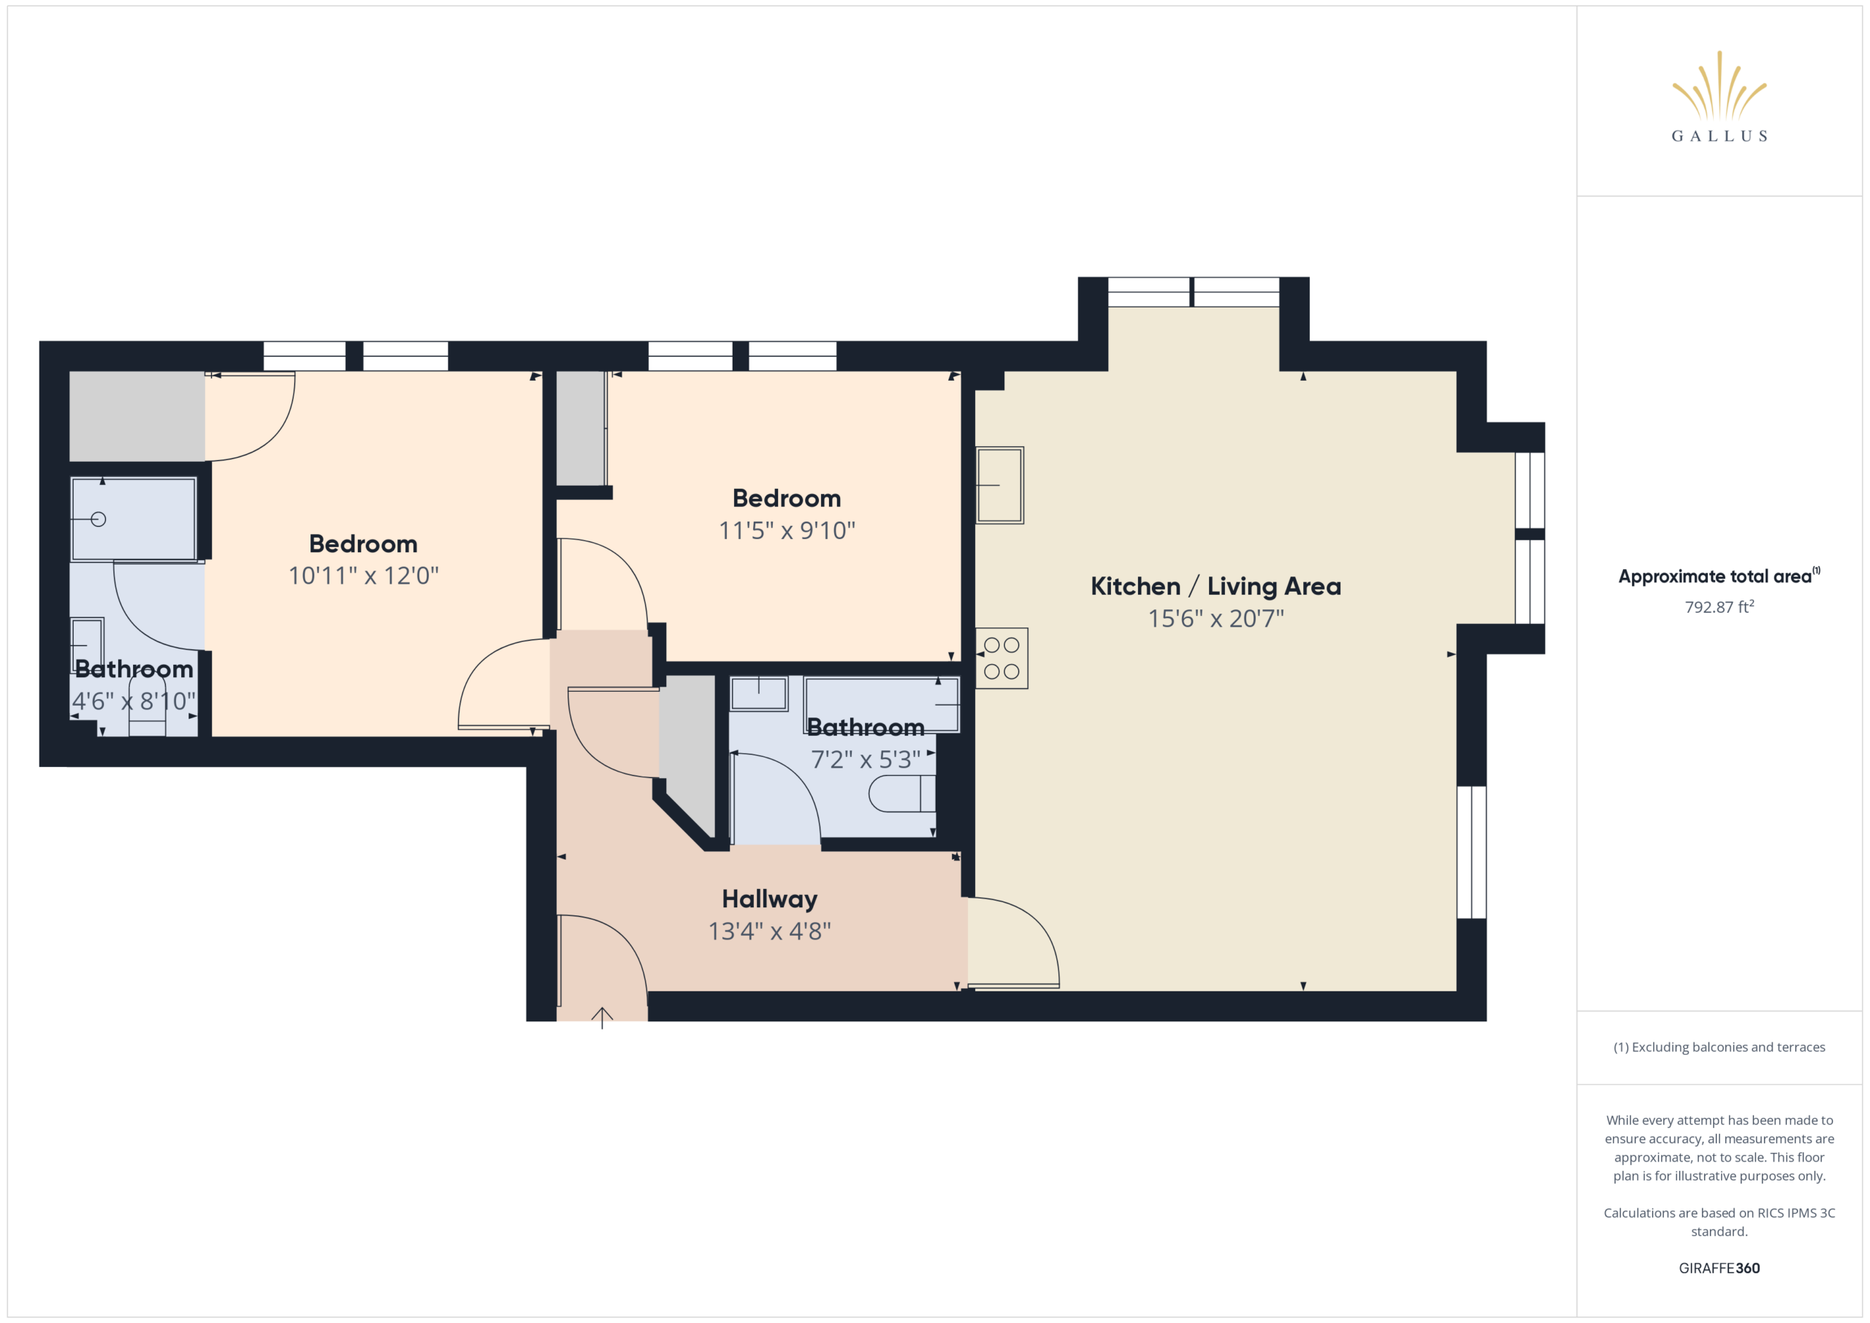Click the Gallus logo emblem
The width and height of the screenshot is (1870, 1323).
coord(1719,85)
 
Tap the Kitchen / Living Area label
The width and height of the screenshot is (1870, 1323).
coord(1215,586)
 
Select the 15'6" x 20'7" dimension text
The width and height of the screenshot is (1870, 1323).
coord(1215,618)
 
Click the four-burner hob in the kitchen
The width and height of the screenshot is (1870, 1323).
coord(1001,658)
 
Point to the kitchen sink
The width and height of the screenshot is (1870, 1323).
coord(999,485)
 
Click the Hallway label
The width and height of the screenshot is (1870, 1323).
coord(769,899)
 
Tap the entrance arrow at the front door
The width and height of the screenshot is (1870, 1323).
coord(602,1018)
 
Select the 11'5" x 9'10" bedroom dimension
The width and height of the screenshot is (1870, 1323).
coord(787,530)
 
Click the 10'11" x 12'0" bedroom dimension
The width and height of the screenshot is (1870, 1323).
coord(363,576)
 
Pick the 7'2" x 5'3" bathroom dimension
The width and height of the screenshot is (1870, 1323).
coord(866,759)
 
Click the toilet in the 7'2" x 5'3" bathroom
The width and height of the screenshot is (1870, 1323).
coord(901,793)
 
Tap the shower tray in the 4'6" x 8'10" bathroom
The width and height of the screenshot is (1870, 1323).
coord(134,519)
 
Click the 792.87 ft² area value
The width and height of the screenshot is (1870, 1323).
coord(1720,607)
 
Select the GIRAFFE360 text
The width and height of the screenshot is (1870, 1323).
coord(1720,1267)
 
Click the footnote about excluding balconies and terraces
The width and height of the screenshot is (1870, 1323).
coord(1720,1047)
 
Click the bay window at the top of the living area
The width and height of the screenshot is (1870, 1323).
coord(1193,291)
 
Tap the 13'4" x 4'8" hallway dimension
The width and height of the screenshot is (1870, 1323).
coord(769,930)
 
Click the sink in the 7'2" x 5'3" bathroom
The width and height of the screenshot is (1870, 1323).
coord(758,693)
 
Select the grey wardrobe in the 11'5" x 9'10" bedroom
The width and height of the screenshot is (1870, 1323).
coord(581,429)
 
